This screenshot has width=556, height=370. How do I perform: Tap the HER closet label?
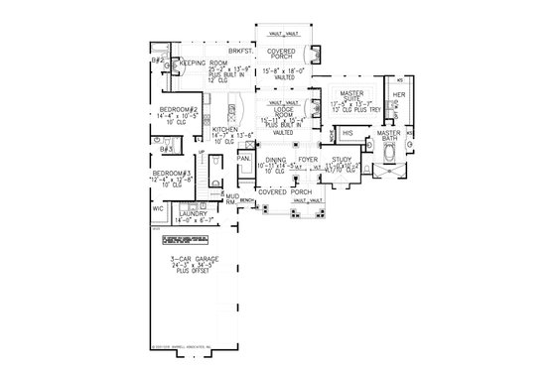pos(400,95)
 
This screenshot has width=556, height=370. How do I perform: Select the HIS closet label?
pos(347,132)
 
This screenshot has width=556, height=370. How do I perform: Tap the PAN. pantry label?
pos(241,156)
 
